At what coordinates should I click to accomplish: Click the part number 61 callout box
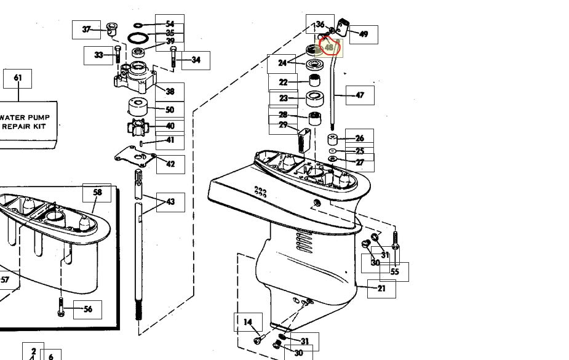(x=17, y=78)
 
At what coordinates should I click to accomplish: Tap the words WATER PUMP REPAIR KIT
(x=25, y=122)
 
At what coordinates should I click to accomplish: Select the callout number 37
(x=86, y=30)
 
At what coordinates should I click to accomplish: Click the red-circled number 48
(x=329, y=47)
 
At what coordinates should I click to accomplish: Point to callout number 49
(x=364, y=34)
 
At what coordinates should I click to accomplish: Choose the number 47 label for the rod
(x=360, y=95)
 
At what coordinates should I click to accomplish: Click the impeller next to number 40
(x=136, y=127)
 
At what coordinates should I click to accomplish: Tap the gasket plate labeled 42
(x=135, y=156)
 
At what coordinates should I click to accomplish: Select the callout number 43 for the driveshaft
(x=170, y=202)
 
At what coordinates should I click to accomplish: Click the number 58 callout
(x=97, y=193)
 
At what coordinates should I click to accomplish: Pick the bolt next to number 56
(x=61, y=306)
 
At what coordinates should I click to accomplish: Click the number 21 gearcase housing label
(x=381, y=289)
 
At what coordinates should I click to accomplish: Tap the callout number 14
(x=248, y=322)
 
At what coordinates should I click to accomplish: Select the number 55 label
(x=394, y=272)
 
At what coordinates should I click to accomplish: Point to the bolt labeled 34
(x=173, y=57)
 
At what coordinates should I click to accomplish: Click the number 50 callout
(x=170, y=110)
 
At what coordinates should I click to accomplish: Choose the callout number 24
(x=282, y=63)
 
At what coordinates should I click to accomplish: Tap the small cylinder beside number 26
(x=333, y=140)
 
